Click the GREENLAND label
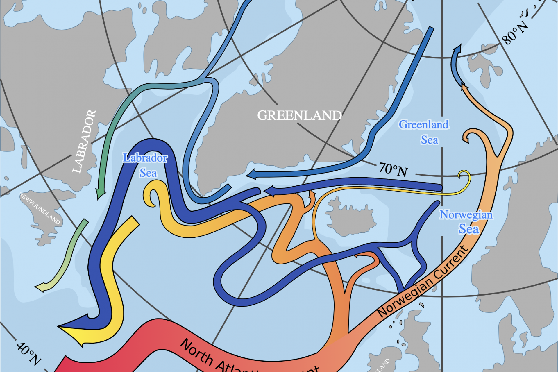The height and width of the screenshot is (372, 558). click(299, 115)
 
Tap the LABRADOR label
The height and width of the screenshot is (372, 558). click(84, 142)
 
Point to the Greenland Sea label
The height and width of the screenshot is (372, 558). click(424, 132)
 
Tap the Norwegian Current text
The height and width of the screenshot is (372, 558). click(423, 282)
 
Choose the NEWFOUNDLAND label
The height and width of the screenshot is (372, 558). click(40, 208)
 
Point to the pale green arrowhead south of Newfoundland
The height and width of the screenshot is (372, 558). click(41, 287)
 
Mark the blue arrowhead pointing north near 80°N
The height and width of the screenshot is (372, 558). click(457, 49)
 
